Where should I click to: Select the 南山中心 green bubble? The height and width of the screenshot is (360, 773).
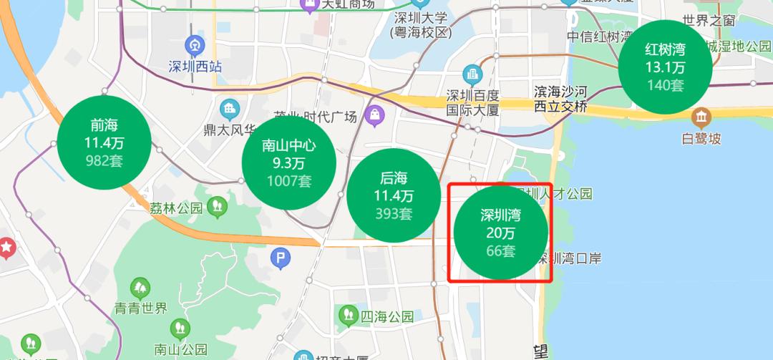coord(289,162)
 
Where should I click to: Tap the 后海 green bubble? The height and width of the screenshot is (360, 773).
coord(393,195)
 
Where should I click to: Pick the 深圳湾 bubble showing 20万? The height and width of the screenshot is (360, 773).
coord(501,233)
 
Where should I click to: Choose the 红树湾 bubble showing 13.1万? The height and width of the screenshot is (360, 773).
coord(665,67)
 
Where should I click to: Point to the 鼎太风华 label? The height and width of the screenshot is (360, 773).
coord(230,130)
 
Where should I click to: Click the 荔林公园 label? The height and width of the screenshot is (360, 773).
coord(176,208)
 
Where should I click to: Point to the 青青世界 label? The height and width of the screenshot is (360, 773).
coord(140,308)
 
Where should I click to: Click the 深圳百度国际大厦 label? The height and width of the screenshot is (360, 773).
coord(472,103)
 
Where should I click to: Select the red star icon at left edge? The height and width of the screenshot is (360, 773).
coord(6,248)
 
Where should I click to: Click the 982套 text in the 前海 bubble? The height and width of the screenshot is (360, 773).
coord(104,160)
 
